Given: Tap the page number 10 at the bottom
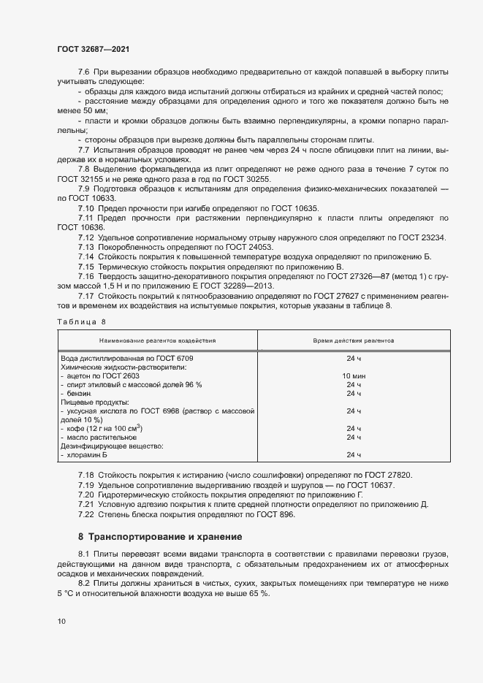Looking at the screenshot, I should [61, 621].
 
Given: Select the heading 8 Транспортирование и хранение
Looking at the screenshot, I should [166, 537].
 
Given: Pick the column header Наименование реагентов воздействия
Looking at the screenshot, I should [158, 340].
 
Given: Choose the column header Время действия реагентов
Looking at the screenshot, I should [354, 340].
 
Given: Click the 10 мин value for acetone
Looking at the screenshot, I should [354, 375].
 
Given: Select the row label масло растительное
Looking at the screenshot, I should [99, 437].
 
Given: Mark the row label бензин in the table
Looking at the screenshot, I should [80, 393].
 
